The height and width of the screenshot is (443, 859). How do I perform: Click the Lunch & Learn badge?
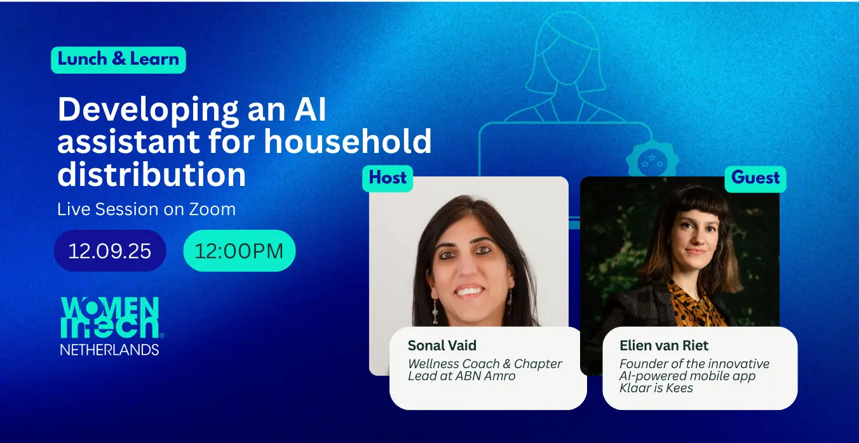click(119, 60)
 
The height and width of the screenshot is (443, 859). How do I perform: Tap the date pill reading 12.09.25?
click(110, 251)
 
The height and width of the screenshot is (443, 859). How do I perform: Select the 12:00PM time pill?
click(240, 251)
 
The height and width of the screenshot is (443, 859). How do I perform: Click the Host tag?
click(388, 178)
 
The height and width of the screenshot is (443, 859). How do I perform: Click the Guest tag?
click(755, 178)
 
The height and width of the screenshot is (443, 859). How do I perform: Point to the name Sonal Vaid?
click(442, 346)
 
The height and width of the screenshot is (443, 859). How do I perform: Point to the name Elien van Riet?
click(664, 346)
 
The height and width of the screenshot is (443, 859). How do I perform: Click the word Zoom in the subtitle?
click(212, 209)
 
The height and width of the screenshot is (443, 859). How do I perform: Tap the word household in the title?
click(348, 141)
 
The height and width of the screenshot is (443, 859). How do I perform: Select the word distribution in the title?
click(152, 175)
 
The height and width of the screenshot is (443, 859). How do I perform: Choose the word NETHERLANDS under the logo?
click(110, 350)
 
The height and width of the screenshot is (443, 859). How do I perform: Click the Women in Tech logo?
click(111, 326)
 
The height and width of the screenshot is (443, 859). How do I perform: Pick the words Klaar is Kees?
click(656, 388)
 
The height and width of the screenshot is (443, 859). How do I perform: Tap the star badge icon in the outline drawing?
click(653, 161)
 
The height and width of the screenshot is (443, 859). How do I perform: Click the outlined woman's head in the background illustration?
click(567, 50)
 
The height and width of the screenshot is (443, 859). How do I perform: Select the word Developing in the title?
click(149, 110)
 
